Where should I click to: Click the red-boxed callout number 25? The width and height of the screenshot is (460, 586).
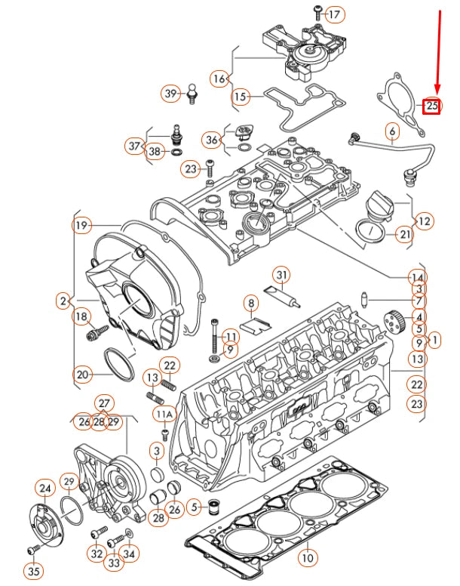click(431, 106)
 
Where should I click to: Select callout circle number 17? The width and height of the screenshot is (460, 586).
click(334, 14)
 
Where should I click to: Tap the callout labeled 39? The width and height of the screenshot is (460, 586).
click(170, 94)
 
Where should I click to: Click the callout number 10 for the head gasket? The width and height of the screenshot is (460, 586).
click(306, 558)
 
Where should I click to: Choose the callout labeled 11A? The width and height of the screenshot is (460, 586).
click(164, 414)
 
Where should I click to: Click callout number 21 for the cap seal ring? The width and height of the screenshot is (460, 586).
click(405, 234)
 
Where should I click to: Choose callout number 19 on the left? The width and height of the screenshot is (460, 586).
click(81, 225)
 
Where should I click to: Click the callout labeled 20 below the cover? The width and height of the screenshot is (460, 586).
click(82, 373)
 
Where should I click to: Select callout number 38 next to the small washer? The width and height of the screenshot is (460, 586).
click(155, 152)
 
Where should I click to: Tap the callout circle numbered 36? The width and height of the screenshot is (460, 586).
click(212, 140)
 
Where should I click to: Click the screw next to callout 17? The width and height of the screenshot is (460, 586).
click(317, 11)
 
